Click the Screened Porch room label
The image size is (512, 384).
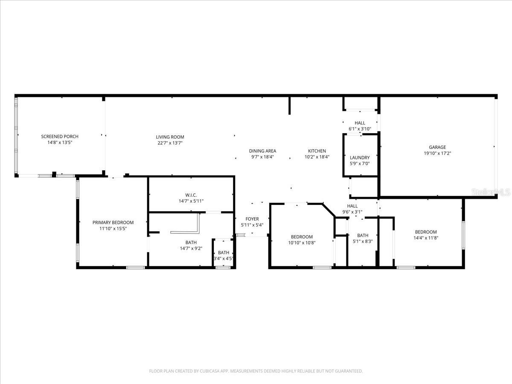pos(60,137)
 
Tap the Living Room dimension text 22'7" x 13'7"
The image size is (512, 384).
pos(170,143)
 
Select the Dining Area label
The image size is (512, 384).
pos(262,151)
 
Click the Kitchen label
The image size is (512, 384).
pos(317,151)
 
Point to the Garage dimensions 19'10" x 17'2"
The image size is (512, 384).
pos(437,153)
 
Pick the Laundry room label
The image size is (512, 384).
pos(360,157)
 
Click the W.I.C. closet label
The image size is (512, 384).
pos(191,195)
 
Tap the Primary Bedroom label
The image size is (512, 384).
pos(113,222)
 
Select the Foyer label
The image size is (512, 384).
pos(252,219)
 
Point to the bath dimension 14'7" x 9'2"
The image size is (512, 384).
pos(191,248)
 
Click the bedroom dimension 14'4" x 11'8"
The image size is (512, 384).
pos(425,238)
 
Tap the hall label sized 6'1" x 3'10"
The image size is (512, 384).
pos(360,123)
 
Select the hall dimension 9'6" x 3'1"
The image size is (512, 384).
pos(352,212)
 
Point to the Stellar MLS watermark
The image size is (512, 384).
pos(490,193)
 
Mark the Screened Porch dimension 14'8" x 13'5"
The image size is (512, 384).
pos(60,143)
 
